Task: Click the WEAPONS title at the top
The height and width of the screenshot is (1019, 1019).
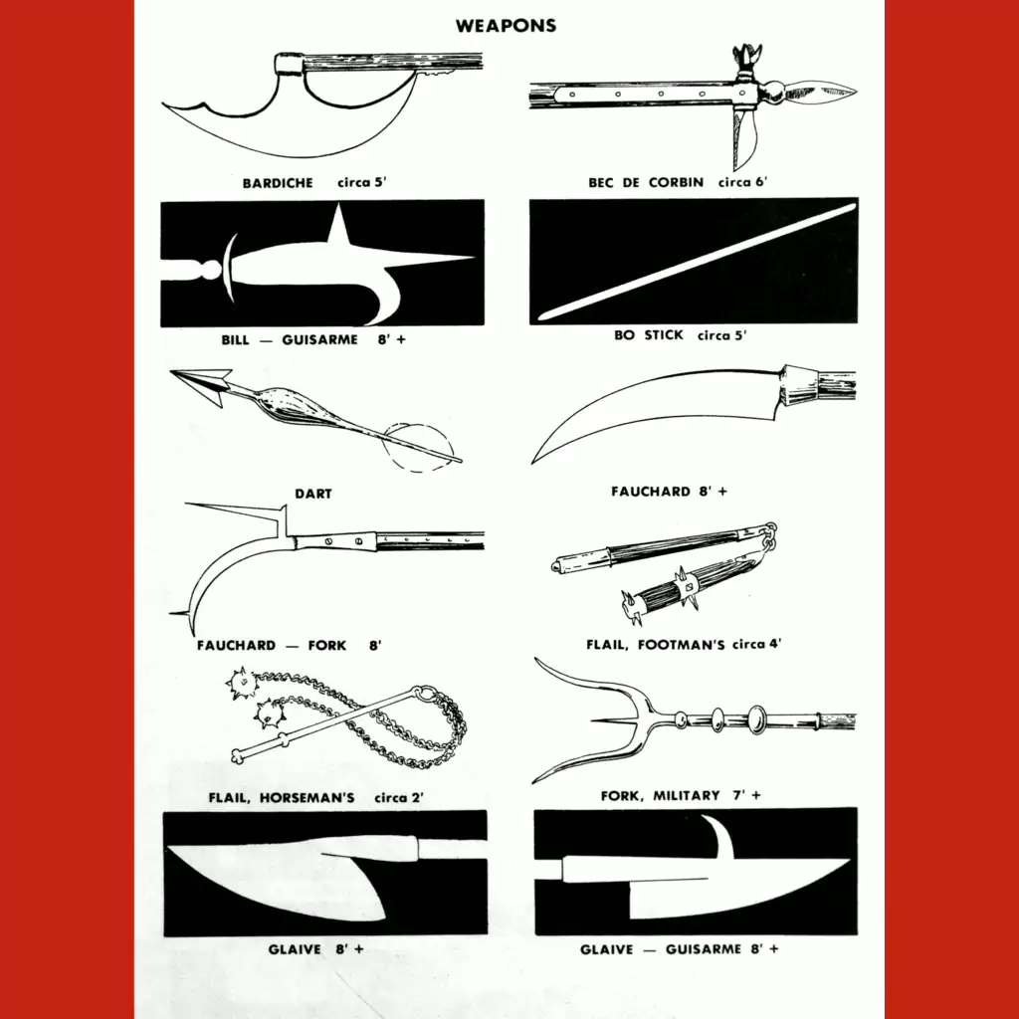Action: click(506, 26)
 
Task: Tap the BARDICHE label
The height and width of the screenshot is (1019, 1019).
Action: click(278, 183)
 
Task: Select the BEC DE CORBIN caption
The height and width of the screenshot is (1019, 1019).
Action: click(645, 183)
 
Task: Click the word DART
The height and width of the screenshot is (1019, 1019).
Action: click(313, 494)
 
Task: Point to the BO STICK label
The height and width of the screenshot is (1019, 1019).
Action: click(649, 335)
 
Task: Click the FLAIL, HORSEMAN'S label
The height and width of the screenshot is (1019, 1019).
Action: click(282, 798)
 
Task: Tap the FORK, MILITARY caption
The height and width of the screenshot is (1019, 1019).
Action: click(661, 796)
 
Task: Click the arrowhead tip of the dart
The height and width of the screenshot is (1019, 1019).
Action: click(173, 372)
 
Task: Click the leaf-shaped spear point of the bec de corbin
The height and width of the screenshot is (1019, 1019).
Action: click(820, 92)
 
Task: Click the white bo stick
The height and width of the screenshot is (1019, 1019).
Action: click(699, 262)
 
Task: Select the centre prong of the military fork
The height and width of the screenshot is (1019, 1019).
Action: click(623, 720)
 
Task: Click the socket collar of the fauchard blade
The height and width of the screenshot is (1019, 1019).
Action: click(799, 385)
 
